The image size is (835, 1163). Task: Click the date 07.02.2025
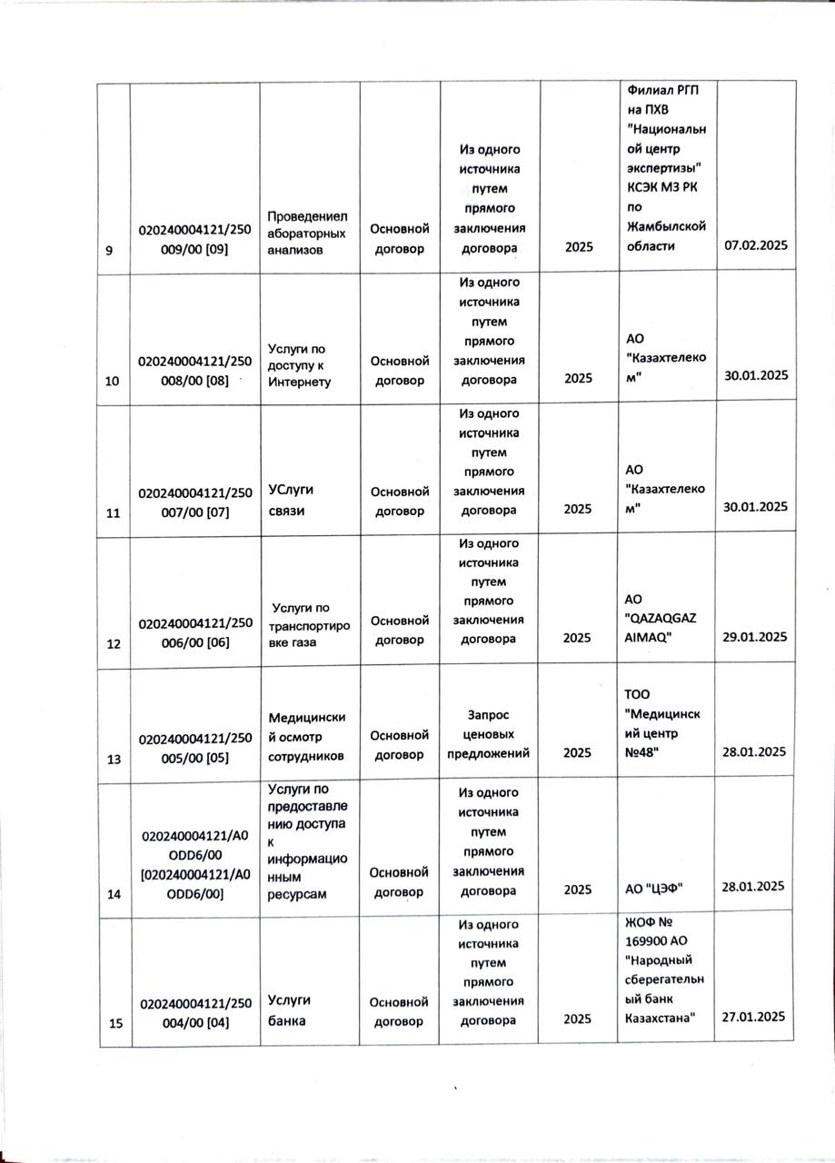(754, 246)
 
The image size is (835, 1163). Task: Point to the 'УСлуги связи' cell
(285, 499)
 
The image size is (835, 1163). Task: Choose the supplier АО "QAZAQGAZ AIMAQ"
(660, 618)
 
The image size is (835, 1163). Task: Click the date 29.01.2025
(754, 637)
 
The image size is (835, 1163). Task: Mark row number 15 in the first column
(115, 1024)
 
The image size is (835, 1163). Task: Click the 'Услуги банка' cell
(290, 1009)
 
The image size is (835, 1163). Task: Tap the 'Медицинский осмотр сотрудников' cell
(307, 734)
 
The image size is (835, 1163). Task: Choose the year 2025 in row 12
(578, 638)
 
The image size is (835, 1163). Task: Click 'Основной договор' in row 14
(400, 881)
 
